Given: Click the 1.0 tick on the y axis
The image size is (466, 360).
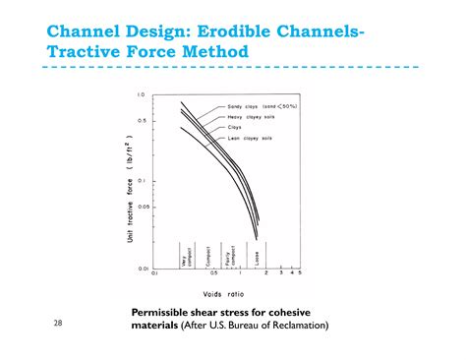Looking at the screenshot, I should [x=141, y=94].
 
